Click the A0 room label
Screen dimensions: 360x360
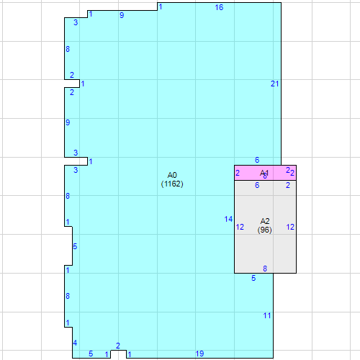pos(172,175)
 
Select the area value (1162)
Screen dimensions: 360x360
pos(172,184)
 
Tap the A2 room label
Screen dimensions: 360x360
pos(265,221)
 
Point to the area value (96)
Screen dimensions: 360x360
pos(265,230)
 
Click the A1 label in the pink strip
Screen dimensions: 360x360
pos(264,173)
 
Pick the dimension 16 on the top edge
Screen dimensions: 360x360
pos(219,7)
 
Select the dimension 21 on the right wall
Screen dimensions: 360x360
pos(274,84)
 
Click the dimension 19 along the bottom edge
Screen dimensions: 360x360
pos(199,354)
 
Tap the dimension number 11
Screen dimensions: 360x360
pos(266,315)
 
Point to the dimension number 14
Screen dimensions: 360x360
pos(228,219)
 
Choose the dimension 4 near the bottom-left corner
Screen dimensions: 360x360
pos(76,342)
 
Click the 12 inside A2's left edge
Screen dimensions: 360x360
pos(240,228)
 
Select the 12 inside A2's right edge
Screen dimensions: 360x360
pos(290,227)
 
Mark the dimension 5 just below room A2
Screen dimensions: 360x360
pos(253,278)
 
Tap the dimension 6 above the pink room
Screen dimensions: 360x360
pos(257,160)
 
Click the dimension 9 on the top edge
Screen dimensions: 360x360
pos(122,15)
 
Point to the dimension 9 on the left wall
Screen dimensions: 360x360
pos(68,122)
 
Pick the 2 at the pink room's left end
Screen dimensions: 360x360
pos(238,173)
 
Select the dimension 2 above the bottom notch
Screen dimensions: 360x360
pos(118,346)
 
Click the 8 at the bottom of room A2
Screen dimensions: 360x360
pos(265,269)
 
